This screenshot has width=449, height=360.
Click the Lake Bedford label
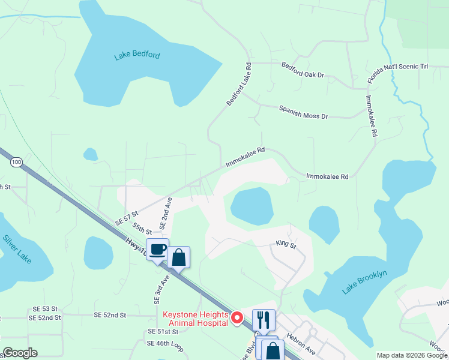coord(137,56)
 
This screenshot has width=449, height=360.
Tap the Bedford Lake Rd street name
coord(239,85)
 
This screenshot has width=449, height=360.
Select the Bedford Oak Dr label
coord(303,75)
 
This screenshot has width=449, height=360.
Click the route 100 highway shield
coord(16,162)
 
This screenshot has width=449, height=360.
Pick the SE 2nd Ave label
coord(166,214)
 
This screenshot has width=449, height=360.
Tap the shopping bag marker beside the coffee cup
coord(178,257)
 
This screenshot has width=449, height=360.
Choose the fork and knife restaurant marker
coord(264,320)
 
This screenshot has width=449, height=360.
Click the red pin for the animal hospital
coord(237,317)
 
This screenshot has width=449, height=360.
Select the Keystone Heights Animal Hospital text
coord(195,319)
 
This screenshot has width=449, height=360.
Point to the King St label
coord(286,245)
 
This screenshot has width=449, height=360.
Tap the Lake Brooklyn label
coord(366,283)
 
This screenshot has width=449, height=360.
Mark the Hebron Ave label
coord(300,342)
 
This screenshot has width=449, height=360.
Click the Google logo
coord(20,352)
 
